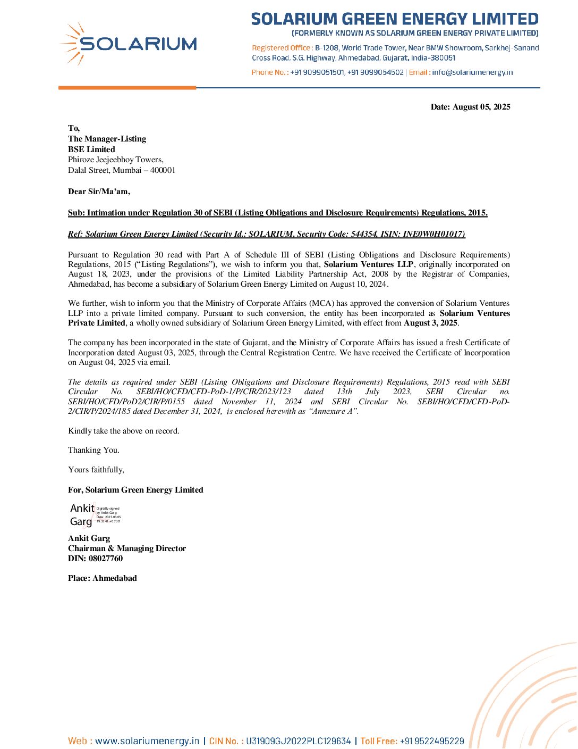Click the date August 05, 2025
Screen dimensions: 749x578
click(x=481, y=107)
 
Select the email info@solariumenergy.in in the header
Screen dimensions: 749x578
click(x=472, y=72)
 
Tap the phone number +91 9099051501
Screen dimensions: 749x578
click(x=317, y=72)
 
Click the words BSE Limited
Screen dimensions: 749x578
click(x=91, y=149)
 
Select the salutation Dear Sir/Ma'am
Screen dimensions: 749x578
click(x=99, y=192)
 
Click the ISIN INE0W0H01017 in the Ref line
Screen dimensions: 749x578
click(x=433, y=234)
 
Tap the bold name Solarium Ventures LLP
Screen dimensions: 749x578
click(x=369, y=264)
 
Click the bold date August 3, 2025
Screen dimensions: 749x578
click(x=430, y=323)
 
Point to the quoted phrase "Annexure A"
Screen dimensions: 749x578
click(x=334, y=411)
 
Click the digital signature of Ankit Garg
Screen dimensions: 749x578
click(x=95, y=515)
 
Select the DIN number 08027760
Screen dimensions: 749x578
click(x=106, y=559)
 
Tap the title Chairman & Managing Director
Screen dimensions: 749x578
click(x=127, y=548)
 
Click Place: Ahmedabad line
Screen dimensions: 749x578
click(x=103, y=578)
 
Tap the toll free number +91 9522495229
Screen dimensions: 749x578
click(x=432, y=741)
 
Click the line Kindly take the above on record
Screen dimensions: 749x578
click(x=124, y=431)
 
